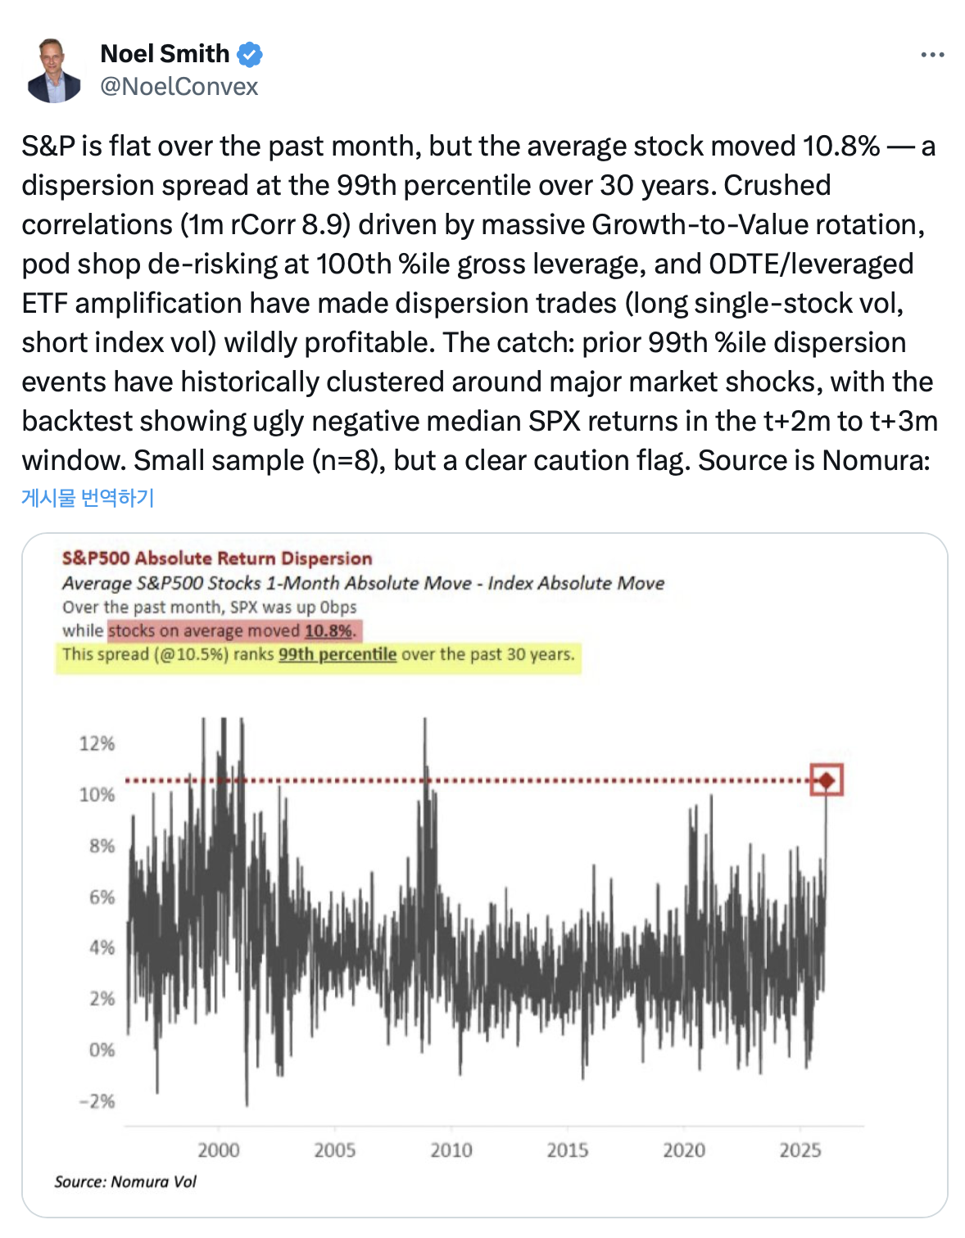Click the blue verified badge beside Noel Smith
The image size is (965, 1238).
[250, 55]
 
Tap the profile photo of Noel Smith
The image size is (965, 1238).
[54, 70]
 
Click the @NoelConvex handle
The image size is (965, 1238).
[179, 87]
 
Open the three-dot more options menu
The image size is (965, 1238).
[932, 55]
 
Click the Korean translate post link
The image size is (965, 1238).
[88, 498]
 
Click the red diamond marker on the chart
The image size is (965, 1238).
[827, 780]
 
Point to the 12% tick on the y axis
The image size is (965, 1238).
[97, 743]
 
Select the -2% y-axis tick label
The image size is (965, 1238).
[97, 1101]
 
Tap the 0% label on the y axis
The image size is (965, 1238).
[102, 1050]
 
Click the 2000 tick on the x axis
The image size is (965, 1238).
[219, 1150]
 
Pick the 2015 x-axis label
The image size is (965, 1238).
[568, 1150]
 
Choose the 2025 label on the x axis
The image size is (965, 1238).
[800, 1150]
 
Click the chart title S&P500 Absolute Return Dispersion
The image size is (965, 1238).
[217, 558]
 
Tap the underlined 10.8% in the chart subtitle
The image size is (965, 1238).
[328, 631]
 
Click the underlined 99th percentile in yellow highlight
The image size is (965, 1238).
[338, 655]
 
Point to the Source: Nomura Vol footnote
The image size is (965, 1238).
[125, 1182]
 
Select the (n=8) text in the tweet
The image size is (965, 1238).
[347, 461]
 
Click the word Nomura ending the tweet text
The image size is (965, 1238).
[875, 461]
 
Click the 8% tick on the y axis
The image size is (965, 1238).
[102, 846]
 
